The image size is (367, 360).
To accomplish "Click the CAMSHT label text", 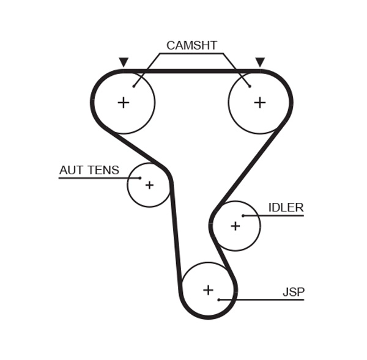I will pos(191,45).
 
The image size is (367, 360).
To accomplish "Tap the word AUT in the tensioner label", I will pos(71,171).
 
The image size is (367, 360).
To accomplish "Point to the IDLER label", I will pos(286,208).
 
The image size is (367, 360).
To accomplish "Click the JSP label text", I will pos(293,292).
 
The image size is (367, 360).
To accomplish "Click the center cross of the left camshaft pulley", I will pos(124,102).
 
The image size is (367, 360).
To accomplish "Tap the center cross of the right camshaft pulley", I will pos(260,102).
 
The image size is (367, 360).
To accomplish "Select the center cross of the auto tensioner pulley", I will pos(149,185).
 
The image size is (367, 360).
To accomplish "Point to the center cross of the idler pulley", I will pos(235,226).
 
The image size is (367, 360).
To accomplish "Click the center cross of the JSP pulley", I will pos(208,290).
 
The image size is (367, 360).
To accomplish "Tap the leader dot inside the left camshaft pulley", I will pos(133,86).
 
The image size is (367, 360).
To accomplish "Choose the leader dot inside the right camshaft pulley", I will pos(250,86).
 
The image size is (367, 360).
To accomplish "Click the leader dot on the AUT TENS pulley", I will pos(140,178).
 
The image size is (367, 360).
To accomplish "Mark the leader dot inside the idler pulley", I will pos(243,216).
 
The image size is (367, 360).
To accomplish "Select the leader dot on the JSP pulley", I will pos(218,299).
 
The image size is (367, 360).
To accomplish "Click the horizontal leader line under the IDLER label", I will pos(275,216).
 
